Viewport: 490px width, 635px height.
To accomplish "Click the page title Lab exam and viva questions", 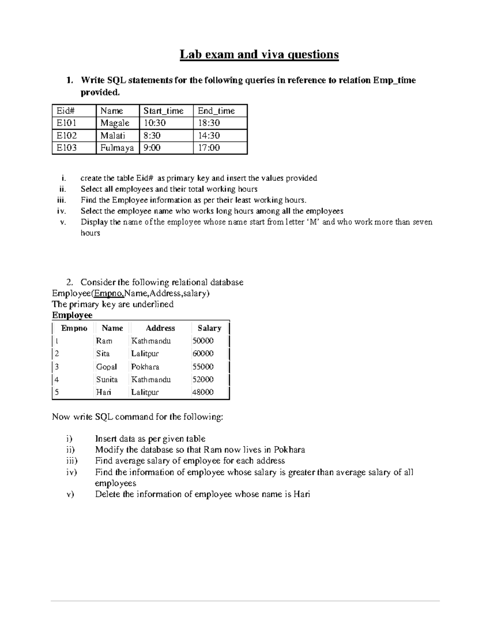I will click(259, 54).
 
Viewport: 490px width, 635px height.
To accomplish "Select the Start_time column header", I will click(163, 111).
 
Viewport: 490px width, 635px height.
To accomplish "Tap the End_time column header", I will click(216, 111).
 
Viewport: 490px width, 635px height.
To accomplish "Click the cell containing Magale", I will click(115, 123).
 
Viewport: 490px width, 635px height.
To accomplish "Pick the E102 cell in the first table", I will click(67, 135).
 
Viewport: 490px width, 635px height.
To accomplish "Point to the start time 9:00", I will click(152, 148).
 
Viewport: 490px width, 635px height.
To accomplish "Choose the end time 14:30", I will click(209, 135).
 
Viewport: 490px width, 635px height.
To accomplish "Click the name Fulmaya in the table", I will click(117, 148).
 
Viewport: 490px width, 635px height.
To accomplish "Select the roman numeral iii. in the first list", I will click(61, 200).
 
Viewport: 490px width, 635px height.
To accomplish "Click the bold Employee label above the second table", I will click(72, 315).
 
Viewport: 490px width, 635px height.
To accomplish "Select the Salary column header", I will click(209, 328).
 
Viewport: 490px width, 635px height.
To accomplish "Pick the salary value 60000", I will click(203, 353).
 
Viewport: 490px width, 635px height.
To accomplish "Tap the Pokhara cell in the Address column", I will click(145, 367).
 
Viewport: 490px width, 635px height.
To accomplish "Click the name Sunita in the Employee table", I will click(107, 379).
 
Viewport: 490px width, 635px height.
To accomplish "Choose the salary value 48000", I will click(203, 392).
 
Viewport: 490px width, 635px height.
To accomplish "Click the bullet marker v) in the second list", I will click(70, 494).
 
